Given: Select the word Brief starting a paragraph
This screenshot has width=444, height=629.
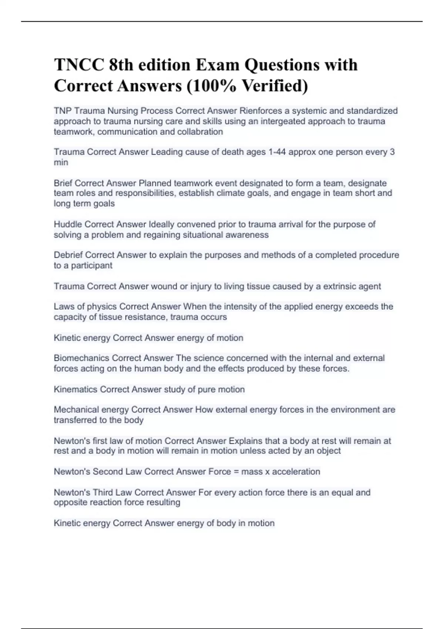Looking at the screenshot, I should pos(63,183).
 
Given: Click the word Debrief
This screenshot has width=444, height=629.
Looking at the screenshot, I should pos(68,255).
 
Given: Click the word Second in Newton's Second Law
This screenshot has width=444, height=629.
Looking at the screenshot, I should pos(108,472).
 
